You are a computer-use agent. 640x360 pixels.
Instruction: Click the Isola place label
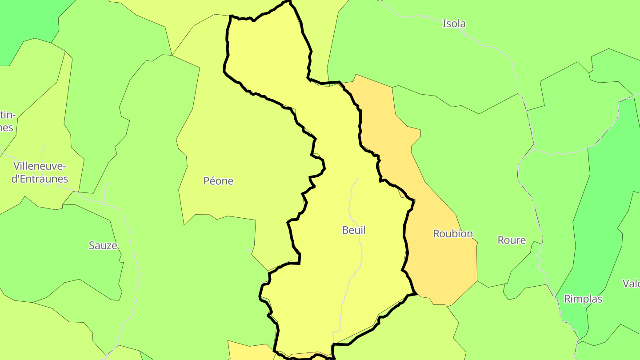pyautogui.click(x=454, y=24)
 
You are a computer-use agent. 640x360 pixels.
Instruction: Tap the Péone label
pyautogui.click(x=218, y=181)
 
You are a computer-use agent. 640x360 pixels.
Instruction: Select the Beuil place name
pyautogui.click(x=354, y=230)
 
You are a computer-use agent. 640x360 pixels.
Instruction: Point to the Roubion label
pyautogui.click(x=453, y=234)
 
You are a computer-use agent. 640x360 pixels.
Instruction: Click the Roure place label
pyautogui.click(x=512, y=240)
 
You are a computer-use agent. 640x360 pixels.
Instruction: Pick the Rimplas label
pyautogui.click(x=583, y=299)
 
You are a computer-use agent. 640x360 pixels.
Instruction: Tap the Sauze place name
pyautogui.click(x=103, y=245)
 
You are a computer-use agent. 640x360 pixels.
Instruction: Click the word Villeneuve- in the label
pyautogui.click(x=40, y=167)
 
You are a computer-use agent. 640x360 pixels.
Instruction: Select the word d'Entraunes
pyautogui.click(x=40, y=179)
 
